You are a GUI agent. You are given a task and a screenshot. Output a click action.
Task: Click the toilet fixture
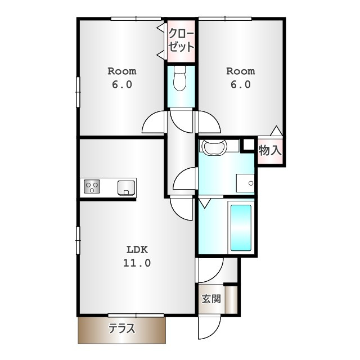tap(179, 78)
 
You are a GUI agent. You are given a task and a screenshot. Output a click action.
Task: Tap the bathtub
tap(241, 228)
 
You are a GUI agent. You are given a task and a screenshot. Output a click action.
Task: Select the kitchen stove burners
tap(92, 186)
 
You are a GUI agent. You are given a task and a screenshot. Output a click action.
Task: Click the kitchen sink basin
tap(126, 188)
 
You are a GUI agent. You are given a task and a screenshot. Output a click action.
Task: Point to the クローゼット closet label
tap(181, 40)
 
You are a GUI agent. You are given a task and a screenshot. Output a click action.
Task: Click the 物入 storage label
tap(270, 151)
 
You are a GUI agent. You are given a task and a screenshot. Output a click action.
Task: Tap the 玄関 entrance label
tap(211, 299)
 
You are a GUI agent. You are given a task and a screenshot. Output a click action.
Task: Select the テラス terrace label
tap(121, 328)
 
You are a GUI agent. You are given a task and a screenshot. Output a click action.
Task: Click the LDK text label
tap(137, 250)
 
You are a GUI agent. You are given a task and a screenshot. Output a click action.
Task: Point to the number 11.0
tap(137, 263)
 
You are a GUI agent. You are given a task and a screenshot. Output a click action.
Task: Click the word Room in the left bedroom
tap(122, 71)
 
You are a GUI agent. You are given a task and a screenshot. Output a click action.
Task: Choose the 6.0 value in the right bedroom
tap(241, 84)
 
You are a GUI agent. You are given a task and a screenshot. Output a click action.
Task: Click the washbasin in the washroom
tap(213, 147)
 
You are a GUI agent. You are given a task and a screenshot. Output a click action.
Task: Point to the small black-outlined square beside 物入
tap(249, 145)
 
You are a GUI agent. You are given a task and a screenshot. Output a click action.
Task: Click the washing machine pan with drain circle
tap(245, 183)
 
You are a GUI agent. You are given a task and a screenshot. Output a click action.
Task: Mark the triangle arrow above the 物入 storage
tap(276, 130)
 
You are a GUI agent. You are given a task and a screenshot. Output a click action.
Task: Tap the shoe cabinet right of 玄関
tap(231, 300)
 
